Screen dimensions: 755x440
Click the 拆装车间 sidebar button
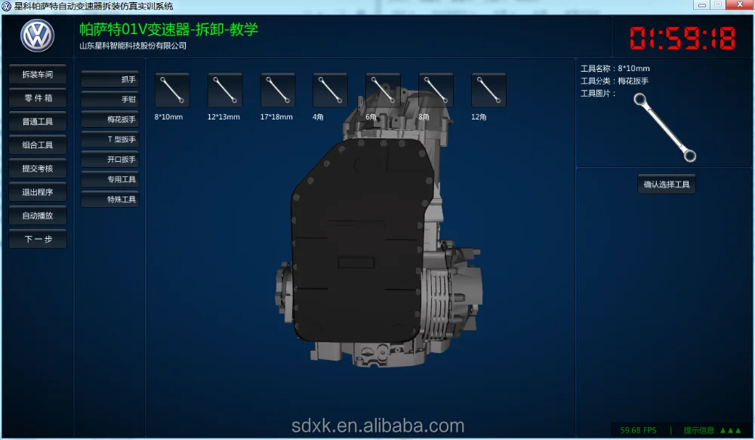(x=38, y=75)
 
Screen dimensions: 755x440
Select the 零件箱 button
(x=38, y=98)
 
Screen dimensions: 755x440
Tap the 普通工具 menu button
(x=38, y=122)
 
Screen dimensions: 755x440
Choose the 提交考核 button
(x=38, y=169)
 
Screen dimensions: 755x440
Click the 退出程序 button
(x=38, y=192)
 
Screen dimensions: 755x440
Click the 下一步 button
(x=38, y=239)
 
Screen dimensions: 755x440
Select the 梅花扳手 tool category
(x=109, y=119)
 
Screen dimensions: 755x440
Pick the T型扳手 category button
(x=109, y=139)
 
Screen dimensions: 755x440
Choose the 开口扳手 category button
(x=109, y=159)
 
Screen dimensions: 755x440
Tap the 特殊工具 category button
(x=109, y=199)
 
